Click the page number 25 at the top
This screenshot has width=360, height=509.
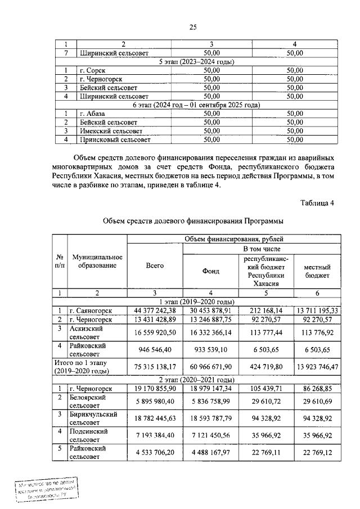tap(192, 27)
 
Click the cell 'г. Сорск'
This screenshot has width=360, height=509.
tap(93, 70)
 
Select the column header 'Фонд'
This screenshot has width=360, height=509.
tap(210, 271)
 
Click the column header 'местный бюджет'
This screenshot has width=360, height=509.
tap(317, 271)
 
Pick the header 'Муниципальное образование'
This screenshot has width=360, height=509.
tap(97, 261)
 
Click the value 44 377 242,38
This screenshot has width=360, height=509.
tap(155, 310)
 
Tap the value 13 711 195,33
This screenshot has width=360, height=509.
tap(317, 310)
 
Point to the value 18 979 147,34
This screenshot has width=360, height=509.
tap(210, 389)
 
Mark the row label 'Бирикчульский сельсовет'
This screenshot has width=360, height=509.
tap(93, 418)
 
